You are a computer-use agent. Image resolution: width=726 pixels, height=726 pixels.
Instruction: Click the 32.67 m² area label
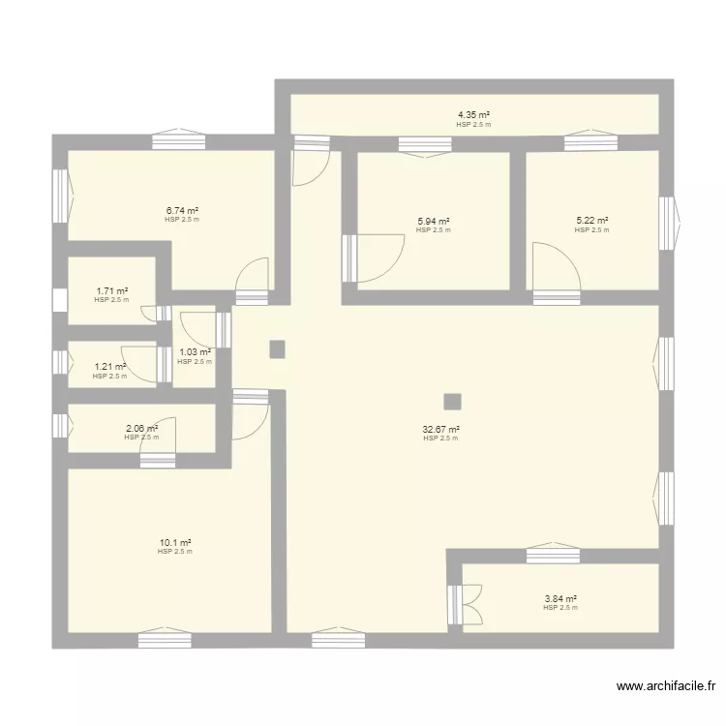tap(440, 429)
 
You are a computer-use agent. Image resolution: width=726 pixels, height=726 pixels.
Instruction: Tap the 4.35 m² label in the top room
tap(473, 115)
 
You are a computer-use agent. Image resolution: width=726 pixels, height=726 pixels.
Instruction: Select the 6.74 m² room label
tap(182, 210)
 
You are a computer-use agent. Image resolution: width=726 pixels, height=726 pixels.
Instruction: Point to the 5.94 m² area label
tap(433, 222)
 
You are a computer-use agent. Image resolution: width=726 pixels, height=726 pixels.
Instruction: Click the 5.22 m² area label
tap(591, 222)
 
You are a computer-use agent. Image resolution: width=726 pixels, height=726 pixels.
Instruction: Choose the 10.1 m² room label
tap(175, 543)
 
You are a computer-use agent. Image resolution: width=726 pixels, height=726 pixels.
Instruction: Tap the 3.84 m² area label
tap(560, 599)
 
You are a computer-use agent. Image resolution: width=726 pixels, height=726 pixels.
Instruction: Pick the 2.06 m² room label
tap(141, 428)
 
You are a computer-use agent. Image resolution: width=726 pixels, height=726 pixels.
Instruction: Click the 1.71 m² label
tap(111, 290)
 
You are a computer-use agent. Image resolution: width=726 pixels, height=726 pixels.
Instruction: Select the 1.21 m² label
tap(109, 367)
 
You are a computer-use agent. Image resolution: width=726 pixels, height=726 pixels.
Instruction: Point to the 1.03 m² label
tap(195, 352)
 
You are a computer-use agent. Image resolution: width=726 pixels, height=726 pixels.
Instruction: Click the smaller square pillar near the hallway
tap(278, 348)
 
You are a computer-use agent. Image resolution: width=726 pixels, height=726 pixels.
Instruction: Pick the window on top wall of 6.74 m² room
tap(179, 139)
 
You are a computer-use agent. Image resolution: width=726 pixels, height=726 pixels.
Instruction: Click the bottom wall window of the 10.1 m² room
tap(164, 640)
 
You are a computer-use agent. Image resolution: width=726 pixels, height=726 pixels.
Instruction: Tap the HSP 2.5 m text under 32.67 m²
tap(440, 439)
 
